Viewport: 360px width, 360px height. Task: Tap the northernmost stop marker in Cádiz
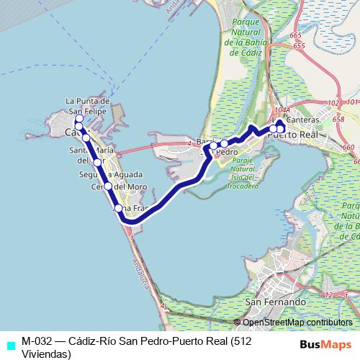(79, 120)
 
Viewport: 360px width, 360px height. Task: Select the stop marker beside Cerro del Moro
(108, 186)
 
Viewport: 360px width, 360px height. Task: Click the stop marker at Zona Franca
(119, 209)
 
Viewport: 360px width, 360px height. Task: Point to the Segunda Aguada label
(106, 174)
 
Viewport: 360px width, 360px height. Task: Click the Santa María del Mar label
(91, 155)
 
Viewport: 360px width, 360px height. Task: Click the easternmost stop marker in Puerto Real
(282, 129)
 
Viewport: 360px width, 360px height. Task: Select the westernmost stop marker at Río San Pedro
(213, 146)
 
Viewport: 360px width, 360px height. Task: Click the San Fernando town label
(271, 301)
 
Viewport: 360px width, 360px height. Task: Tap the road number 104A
(282, 110)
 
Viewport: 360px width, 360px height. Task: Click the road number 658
(338, 119)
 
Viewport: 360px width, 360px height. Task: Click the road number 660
(349, 147)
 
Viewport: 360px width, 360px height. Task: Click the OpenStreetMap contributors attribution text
(296, 323)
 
